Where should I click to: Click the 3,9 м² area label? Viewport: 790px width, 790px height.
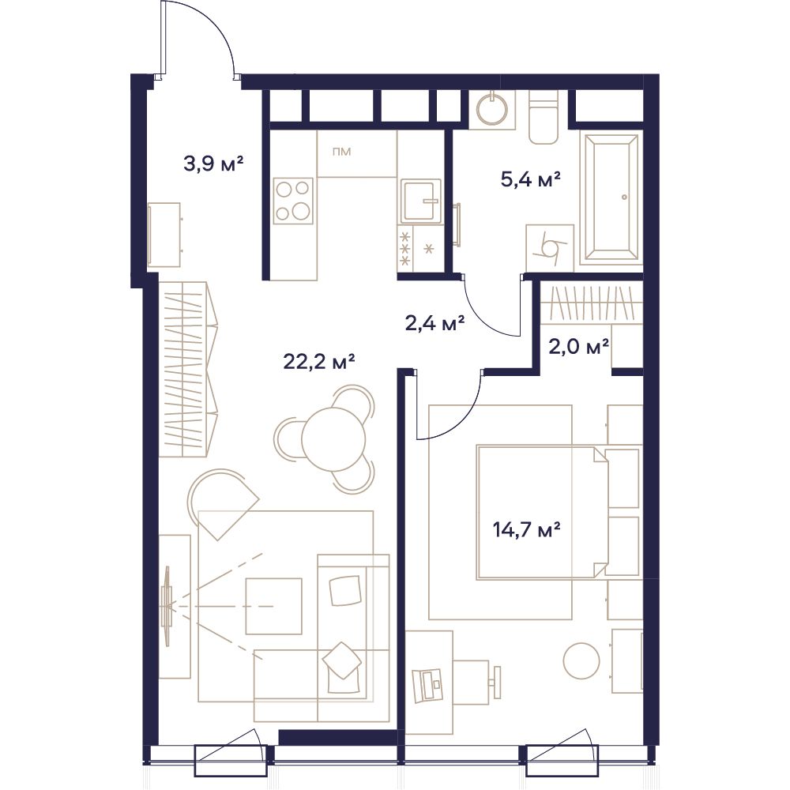[x=213, y=164]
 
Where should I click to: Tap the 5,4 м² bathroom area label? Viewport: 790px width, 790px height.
[x=531, y=179]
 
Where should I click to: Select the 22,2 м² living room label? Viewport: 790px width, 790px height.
[x=319, y=361]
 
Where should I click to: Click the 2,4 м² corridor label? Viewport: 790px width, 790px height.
[x=434, y=323]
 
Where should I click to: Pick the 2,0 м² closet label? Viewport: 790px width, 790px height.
[x=579, y=347]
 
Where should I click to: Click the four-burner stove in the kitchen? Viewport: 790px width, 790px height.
[x=293, y=201]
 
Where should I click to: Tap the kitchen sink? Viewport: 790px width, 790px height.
[x=422, y=201]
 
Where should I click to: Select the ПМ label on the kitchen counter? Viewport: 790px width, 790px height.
[x=341, y=152]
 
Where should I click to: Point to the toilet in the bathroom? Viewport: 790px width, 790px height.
[x=544, y=118]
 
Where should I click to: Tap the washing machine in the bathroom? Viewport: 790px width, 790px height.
[x=550, y=248]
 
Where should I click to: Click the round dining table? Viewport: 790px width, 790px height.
[x=333, y=438]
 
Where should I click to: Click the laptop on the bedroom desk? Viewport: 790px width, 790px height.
[x=427, y=686]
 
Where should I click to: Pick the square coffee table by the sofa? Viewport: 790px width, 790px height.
[x=273, y=606]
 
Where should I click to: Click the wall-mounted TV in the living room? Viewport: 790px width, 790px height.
[x=167, y=605]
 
